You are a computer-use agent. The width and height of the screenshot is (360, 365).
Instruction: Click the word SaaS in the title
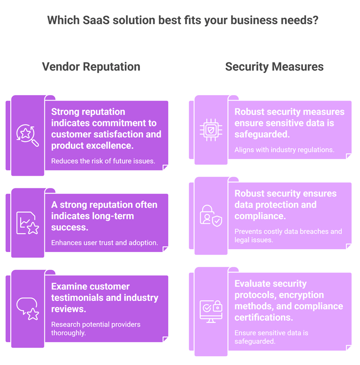[x=96, y=20]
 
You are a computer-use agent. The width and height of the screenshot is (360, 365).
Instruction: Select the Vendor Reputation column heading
[x=91, y=67]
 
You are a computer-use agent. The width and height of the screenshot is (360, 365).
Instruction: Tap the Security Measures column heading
[x=274, y=67]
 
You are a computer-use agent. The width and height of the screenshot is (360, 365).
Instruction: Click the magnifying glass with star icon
[x=27, y=135]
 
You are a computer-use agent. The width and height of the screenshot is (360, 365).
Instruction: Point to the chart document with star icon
[x=27, y=223]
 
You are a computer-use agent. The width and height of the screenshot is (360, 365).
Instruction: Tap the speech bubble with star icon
[x=27, y=309]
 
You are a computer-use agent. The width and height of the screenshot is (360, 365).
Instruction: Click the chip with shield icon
[x=211, y=130]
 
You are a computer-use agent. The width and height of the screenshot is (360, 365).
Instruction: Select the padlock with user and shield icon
[x=211, y=216]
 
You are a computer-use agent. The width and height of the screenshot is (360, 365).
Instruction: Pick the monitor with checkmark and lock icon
[x=211, y=312]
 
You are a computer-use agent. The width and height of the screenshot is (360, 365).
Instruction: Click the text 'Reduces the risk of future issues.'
[x=103, y=161]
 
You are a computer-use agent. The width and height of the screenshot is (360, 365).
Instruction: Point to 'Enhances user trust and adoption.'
[x=105, y=243]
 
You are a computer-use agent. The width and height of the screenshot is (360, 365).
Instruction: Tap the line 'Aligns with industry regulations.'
[x=284, y=150]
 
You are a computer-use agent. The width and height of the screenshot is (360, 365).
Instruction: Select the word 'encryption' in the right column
[x=301, y=295]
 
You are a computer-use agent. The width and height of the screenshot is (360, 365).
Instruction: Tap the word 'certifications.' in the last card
[x=263, y=317]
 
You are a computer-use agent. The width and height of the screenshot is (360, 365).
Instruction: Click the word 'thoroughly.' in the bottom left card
[x=69, y=333]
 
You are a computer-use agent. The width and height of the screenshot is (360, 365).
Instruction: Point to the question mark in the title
[x=316, y=20]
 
